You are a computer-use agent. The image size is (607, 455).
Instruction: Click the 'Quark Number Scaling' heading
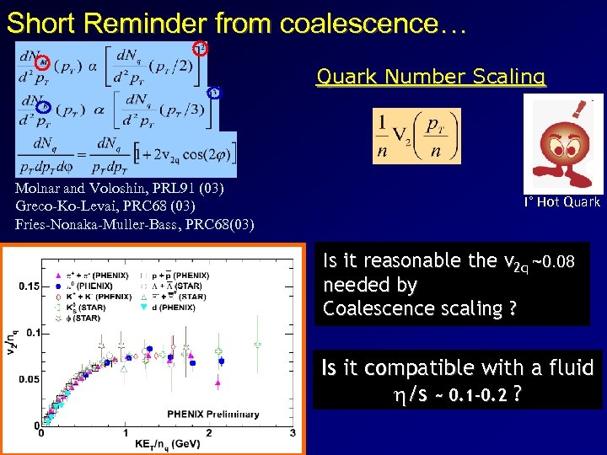pos(431,78)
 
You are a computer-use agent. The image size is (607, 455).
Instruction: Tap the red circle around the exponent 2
pos(200,48)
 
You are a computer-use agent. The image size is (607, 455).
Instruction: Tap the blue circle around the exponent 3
pos(213,93)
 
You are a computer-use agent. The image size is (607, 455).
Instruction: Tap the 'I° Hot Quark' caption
pos(562,202)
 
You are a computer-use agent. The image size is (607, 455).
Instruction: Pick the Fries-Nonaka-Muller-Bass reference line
pos(134,223)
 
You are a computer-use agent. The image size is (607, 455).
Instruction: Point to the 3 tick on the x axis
pos(293,433)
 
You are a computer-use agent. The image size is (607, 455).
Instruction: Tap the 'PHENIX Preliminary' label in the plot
pos(212,414)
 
